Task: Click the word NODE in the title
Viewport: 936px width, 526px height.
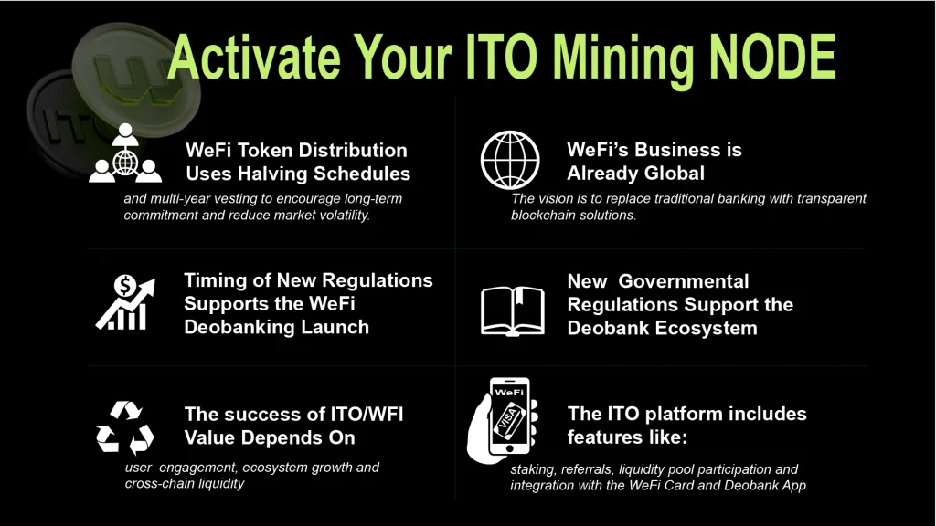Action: (772, 57)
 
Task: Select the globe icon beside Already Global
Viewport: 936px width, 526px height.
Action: (510, 160)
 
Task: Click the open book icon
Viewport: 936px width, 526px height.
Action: (513, 310)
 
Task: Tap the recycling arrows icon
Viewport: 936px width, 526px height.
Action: (124, 427)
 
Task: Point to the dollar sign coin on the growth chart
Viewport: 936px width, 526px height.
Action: (124, 286)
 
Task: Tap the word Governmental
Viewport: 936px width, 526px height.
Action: (683, 281)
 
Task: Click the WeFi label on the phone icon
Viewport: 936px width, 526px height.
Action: (509, 392)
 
